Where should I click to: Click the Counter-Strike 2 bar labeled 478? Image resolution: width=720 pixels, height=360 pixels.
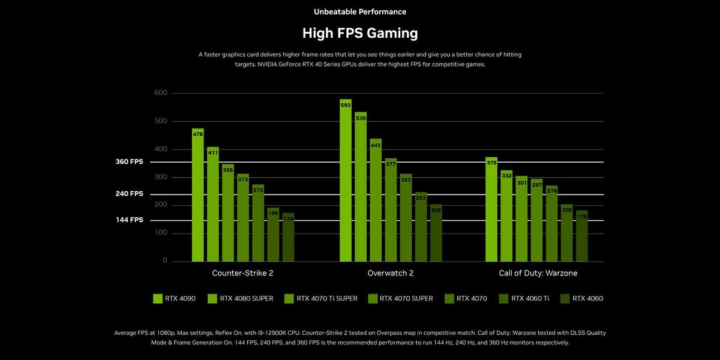(x=198, y=195)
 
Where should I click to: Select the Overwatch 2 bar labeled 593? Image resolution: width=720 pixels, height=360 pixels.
(x=346, y=180)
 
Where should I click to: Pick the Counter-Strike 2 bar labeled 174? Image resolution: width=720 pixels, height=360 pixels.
(x=288, y=237)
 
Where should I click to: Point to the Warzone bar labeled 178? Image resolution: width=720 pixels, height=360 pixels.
(x=581, y=236)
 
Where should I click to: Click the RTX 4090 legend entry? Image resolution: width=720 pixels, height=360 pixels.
(x=175, y=298)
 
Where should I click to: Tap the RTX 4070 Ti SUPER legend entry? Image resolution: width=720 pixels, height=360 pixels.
(x=320, y=298)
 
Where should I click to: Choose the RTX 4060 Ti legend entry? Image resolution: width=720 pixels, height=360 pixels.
(x=524, y=298)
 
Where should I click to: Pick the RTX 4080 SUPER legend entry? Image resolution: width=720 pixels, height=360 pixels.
(x=240, y=298)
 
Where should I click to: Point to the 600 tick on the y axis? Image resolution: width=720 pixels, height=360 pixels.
(x=161, y=93)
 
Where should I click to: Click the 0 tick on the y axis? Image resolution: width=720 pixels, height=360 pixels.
(x=164, y=262)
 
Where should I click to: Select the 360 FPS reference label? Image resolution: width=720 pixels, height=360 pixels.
(x=130, y=162)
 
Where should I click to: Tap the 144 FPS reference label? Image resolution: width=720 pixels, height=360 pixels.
(x=130, y=220)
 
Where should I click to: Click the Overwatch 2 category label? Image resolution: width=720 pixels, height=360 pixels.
(x=390, y=273)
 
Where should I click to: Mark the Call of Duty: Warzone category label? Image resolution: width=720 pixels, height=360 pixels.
(x=538, y=273)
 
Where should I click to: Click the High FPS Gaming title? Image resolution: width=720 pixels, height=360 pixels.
(x=360, y=32)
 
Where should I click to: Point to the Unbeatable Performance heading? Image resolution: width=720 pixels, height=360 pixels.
(x=360, y=11)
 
